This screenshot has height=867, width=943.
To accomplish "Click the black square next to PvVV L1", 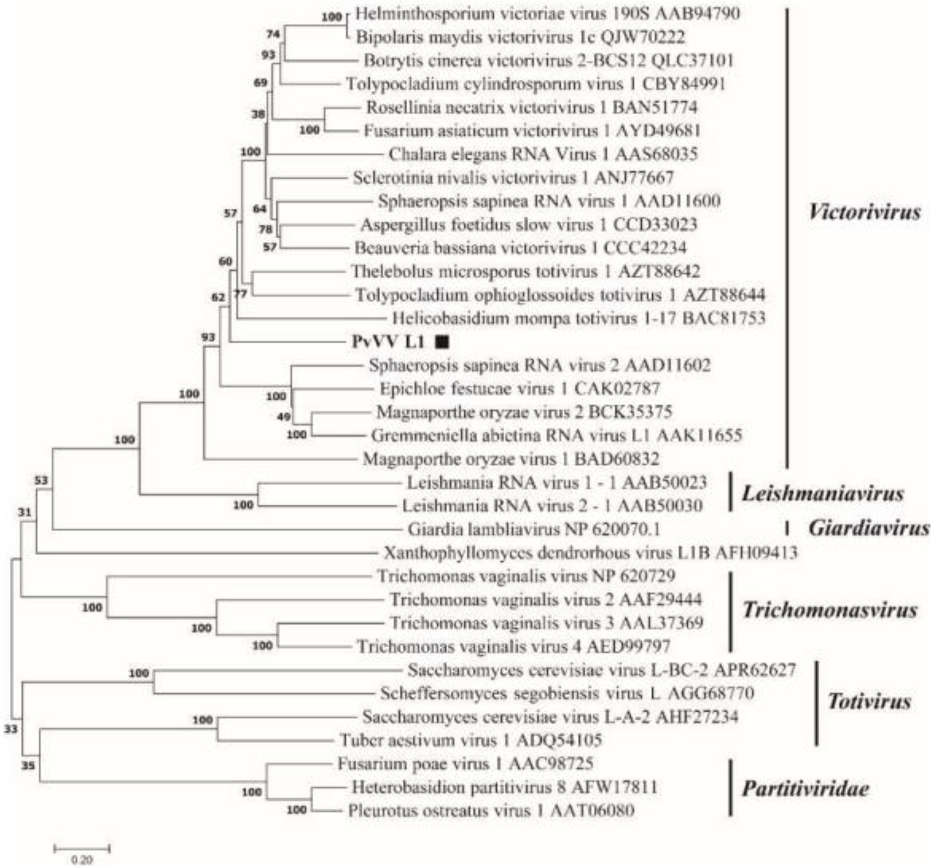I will point(442,342).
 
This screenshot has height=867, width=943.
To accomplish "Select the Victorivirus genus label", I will point(864,212).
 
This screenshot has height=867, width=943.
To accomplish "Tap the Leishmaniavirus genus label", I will point(822,493).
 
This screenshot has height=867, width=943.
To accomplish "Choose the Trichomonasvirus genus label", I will point(830,610).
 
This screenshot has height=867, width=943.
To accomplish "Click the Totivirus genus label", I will point(869,702).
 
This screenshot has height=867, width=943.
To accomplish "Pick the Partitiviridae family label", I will point(805,789).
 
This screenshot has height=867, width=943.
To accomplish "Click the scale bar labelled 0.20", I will point(82,848).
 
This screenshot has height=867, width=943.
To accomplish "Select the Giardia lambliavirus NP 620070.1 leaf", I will point(533,530).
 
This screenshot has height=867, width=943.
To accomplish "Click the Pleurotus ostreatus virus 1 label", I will point(491,811).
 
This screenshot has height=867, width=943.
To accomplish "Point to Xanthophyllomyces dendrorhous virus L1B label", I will point(590,553).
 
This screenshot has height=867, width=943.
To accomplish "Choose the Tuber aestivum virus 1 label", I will point(470,740).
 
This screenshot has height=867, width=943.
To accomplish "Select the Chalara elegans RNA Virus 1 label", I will point(543,154).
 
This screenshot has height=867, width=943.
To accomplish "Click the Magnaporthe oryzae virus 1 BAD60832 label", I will point(511,459).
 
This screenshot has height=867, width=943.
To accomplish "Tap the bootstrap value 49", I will point(284,416).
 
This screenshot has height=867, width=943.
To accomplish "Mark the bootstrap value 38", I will point(258,114).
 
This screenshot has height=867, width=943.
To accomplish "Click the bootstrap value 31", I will point(24,512).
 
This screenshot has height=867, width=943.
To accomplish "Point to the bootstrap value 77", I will point(240,294).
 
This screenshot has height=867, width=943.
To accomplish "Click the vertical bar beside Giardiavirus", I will point(787,528).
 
